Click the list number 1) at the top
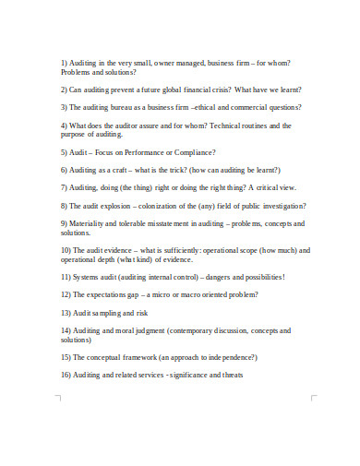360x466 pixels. pyautogui.click(x=65, y=63)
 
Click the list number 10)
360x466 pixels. pyautogui.click(x=66, y=250)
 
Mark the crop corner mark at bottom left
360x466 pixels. pyautogui.click(x=60, y=399)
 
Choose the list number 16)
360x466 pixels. pyautogui.click(x=66, y=375)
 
